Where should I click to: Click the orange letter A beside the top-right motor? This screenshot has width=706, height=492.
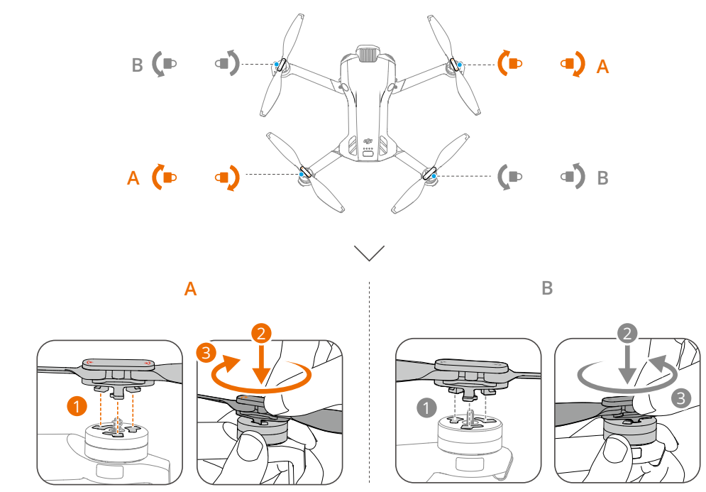[x=602, y=67]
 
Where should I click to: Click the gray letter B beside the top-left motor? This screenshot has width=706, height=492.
[x=138, y=66]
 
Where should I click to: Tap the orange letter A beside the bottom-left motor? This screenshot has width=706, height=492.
[x=133, y=177]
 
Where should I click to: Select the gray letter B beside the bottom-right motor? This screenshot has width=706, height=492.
[x=602, y=177]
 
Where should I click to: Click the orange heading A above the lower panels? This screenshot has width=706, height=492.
[x=189, y=289]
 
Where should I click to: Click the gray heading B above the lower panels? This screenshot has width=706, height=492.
[x=546, y=289]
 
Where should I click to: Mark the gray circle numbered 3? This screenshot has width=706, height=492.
[x=680, y=398]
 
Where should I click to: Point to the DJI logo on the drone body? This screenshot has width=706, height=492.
[x=368, y=141]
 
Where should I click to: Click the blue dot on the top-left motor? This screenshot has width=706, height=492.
[x=277, y=64]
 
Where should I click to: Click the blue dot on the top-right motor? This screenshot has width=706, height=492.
[x=460, y=65]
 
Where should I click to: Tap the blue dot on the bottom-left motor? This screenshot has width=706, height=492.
[x=302, y=173]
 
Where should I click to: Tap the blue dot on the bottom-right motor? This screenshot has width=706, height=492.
[x=433, y=174]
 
